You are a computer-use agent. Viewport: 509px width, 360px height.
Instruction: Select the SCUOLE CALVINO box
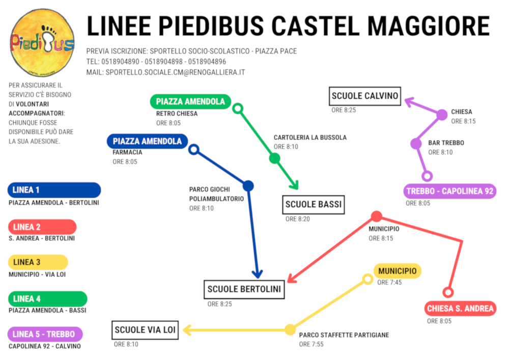coord(364,96)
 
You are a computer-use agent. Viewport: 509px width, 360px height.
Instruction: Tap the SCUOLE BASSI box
coord(314,205)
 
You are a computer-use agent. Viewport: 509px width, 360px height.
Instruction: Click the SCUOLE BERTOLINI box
coord(244,289)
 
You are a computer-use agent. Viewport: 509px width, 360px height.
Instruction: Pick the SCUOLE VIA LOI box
coord(145,330)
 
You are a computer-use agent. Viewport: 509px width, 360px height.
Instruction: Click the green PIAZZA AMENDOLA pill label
coord(190,101)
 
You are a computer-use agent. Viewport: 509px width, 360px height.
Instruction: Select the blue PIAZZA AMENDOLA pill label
coord(147,141)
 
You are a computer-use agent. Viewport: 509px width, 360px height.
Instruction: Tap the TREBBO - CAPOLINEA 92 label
coord(450,191)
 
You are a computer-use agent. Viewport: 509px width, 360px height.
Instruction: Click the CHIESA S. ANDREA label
coord(460,309)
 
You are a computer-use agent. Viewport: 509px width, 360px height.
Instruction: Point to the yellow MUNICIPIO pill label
coord(398,271)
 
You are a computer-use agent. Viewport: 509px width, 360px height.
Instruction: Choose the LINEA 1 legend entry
coord(54,190)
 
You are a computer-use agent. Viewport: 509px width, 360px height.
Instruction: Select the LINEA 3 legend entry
coord(38,262)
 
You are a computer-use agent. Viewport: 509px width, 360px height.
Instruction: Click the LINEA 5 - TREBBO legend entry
coord(45,335)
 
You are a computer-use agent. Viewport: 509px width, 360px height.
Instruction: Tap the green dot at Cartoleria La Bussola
coord(274,158)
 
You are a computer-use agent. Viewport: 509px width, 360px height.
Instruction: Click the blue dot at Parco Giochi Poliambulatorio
coord(248,186)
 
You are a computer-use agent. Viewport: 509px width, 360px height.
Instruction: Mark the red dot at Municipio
coord(376,216)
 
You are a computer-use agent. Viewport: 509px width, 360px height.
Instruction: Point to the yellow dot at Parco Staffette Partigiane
coord(290,329)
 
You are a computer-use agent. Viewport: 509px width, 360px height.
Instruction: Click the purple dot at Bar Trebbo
coord(416,144)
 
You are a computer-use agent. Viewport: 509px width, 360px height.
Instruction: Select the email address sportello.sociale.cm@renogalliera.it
coord(175,72)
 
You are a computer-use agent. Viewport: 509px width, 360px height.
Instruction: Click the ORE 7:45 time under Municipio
coord(389,283)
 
